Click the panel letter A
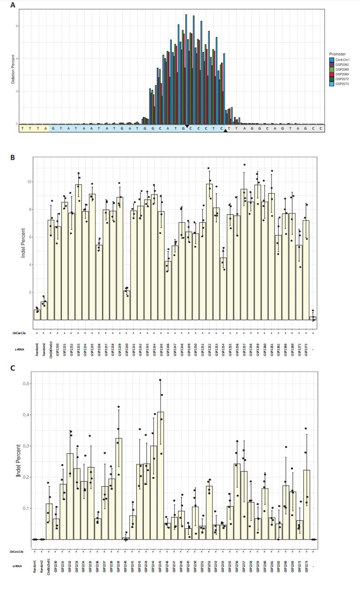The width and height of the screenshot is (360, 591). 13,5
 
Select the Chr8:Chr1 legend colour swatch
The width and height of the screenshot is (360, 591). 331,60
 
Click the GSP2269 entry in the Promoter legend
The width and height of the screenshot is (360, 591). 342,74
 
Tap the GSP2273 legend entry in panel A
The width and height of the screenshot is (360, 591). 342,84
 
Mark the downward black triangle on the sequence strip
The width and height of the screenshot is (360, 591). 187,126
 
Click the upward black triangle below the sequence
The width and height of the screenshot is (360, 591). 226,131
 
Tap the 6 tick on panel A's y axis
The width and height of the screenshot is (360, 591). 17,26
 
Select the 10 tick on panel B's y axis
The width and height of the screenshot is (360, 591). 29,182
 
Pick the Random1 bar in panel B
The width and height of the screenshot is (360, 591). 37,314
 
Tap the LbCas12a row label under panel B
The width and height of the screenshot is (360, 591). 19,333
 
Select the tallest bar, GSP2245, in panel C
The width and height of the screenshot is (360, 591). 161,475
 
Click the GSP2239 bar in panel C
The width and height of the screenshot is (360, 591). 119,489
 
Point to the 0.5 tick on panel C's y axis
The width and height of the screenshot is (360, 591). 27,384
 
